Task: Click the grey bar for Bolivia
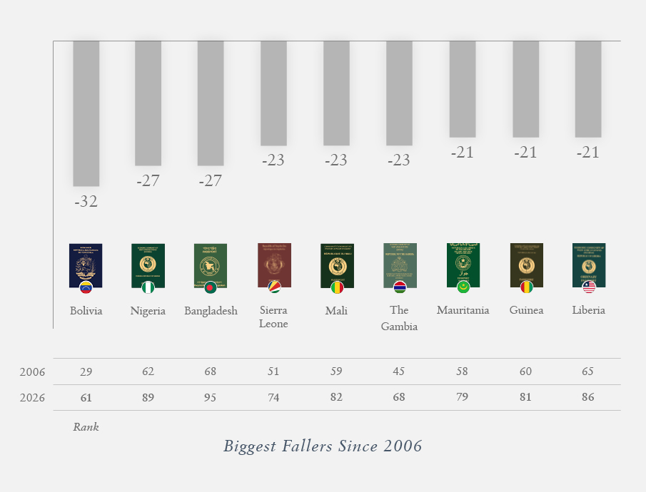(86, 113)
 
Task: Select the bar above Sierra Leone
(273, 93)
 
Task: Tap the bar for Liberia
(588, 89)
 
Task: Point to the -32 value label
(86, 202)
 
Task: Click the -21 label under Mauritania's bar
(462, 152)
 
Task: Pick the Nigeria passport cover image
(148, 265)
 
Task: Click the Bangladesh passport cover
(210, 265)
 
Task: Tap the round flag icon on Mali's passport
(336, 287)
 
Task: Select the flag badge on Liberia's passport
(589, 287)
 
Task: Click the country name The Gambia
(399, 318)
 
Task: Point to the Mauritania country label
(463, 310)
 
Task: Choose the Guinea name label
(526, 310)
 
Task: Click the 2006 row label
(32, 372)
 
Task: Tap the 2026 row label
(32, 398)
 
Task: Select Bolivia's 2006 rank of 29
(86, 371)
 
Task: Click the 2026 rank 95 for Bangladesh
(210, 397)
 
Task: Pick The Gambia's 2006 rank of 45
(399, 371)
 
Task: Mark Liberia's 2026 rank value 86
(588, 397)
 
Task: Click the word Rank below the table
(86, 427)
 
